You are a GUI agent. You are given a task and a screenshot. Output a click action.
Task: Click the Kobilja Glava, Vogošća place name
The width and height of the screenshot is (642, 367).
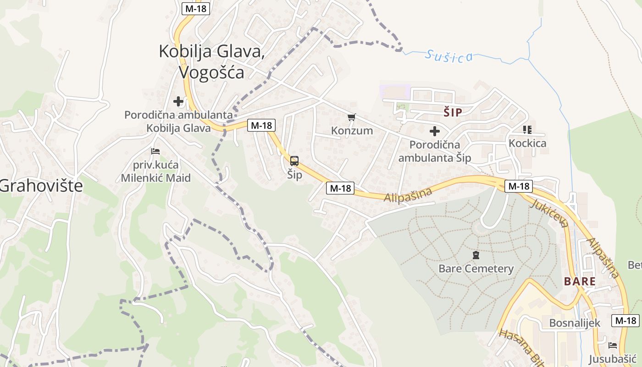[x=211, y=61]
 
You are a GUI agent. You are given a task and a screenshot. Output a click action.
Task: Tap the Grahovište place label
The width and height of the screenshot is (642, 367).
[x=41, y=186]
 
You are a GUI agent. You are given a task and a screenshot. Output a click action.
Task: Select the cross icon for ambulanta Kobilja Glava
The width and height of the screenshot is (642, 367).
[x=178, y=101]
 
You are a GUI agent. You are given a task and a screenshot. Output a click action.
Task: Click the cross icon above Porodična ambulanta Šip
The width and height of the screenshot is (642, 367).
[x=434, y=132]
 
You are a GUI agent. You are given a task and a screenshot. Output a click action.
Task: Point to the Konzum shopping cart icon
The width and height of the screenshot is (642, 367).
[x=352, y=117]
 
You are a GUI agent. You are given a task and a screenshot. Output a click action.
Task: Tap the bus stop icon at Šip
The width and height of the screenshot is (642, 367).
[x=294, y=161]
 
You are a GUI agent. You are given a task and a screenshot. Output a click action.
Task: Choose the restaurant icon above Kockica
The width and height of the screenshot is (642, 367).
[x=527, y=130]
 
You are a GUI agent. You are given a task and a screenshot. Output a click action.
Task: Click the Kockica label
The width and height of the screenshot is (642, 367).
[x=527, y=143]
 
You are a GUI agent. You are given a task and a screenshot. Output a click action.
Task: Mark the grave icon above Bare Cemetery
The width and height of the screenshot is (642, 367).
[x=476, y=255]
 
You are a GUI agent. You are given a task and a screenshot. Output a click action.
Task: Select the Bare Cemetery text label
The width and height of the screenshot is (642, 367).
[x=476, y=268]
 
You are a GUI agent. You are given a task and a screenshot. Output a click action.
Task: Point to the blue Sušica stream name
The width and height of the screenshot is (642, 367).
[x=448, y=56]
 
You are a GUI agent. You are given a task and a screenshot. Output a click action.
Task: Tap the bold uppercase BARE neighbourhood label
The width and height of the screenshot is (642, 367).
[x=580, y=281]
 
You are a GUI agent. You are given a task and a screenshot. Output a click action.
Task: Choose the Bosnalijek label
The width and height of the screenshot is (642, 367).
[x=575, y=323]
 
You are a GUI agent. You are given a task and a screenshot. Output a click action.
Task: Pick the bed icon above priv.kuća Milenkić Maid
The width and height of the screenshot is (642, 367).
[x=155, y=151]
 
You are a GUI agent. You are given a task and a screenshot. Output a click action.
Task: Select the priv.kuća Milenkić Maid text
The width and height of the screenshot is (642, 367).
[x=155, y=171]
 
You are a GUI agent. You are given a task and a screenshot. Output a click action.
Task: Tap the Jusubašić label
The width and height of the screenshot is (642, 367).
[x=613, y=359]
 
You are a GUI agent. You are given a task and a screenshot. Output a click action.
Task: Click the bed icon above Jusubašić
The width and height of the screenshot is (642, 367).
[x=613, y=345]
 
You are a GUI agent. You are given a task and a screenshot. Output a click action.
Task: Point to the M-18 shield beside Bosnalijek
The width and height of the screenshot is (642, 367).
[x=625, y=321]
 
